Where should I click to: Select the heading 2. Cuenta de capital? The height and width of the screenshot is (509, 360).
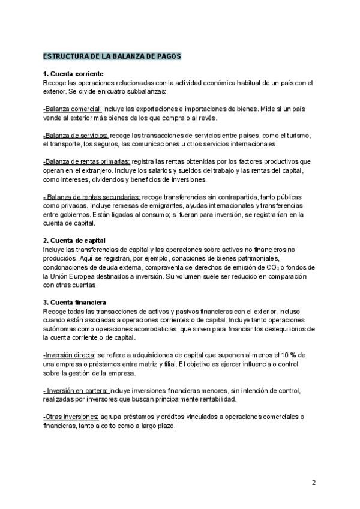click(75, 241)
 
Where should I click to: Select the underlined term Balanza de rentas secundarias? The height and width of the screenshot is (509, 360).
click(92, 197)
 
